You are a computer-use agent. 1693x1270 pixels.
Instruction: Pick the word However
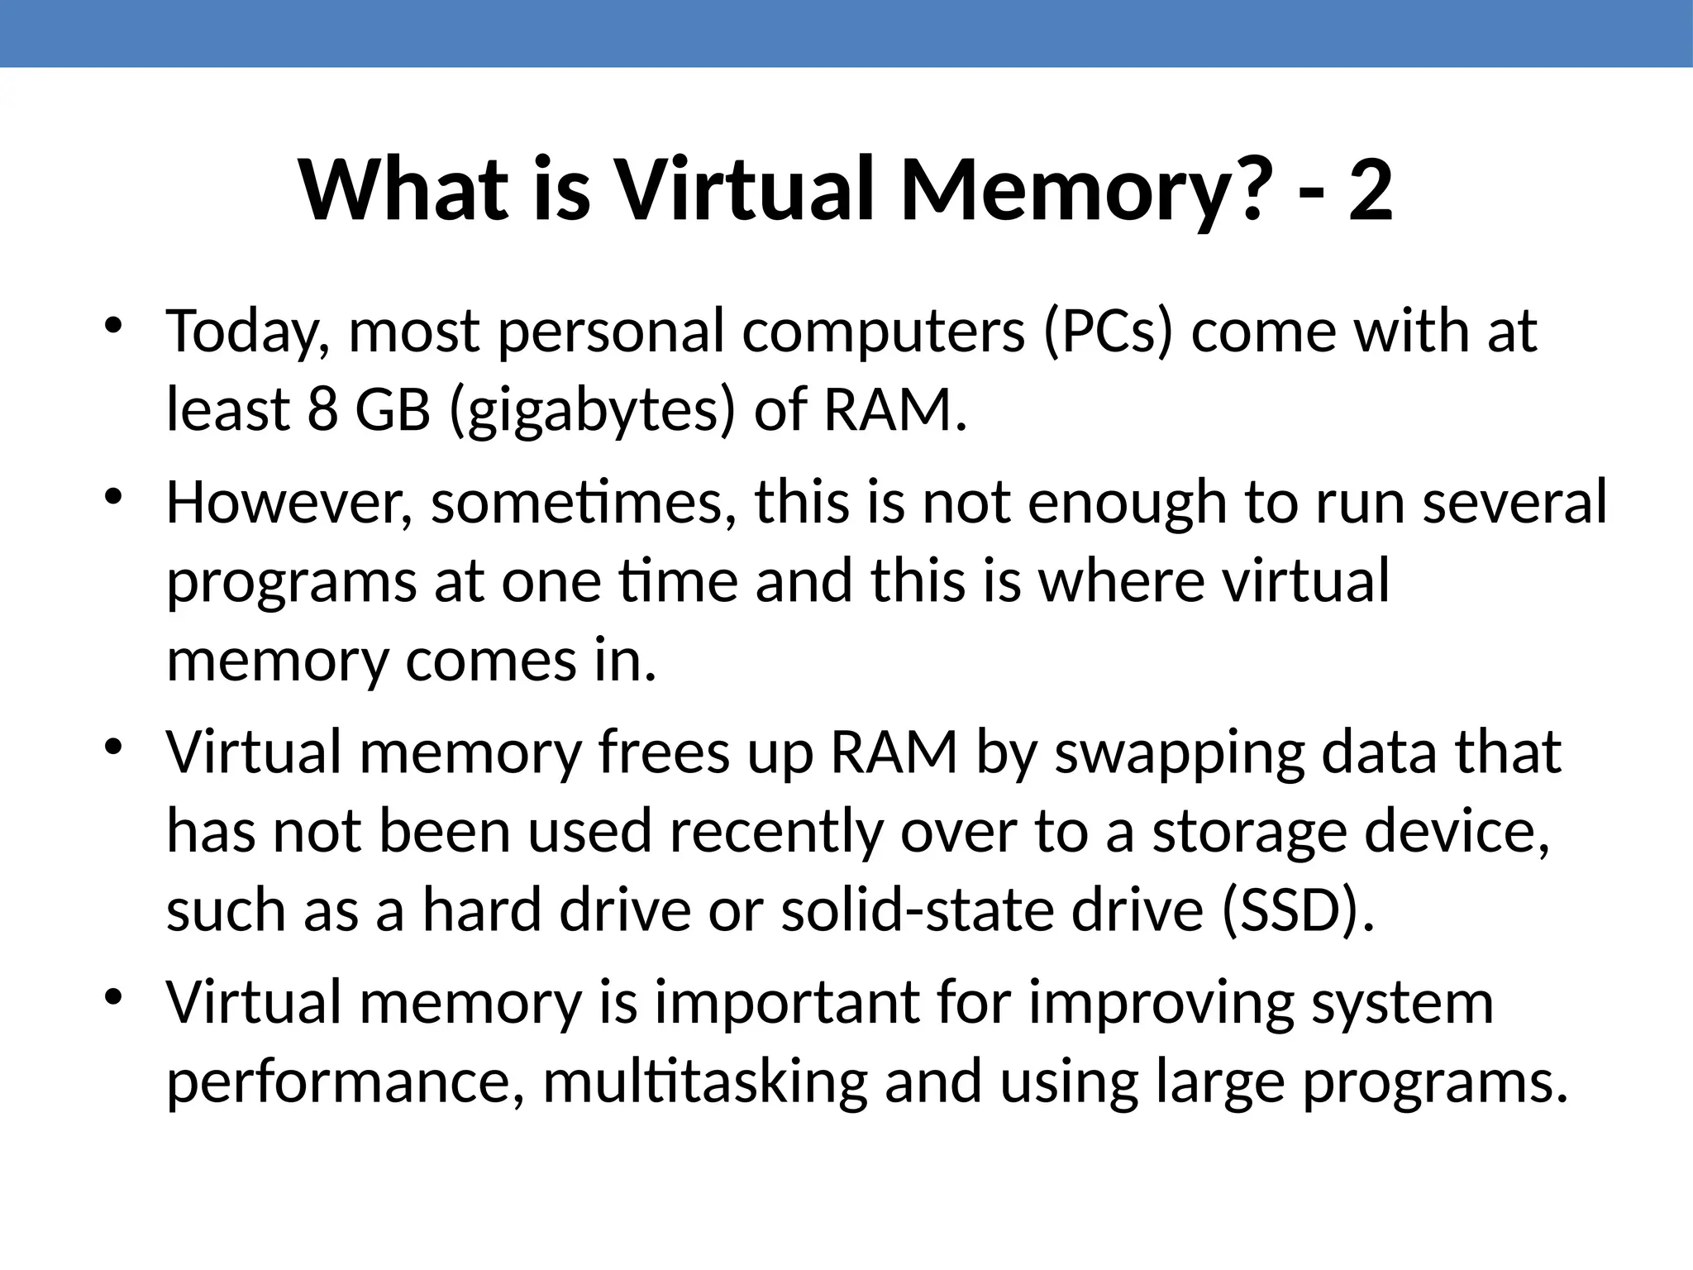[289, 502]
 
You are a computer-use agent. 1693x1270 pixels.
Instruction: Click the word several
[1514, 502]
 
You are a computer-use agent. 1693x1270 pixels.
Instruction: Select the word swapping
[1179, 754]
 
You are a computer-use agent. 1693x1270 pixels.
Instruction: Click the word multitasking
[704, 1081]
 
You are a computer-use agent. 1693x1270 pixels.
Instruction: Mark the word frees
[664, 752]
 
